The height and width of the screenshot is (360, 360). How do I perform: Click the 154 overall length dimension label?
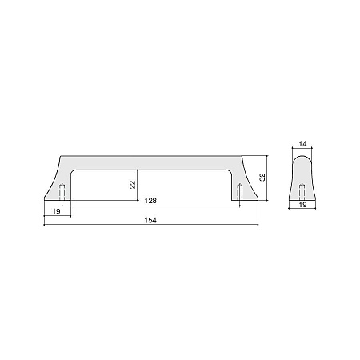coord(150,220)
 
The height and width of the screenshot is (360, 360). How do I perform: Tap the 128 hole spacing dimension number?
coord(150,201)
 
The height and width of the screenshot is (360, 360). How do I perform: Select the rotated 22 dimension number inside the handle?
coord(133,185)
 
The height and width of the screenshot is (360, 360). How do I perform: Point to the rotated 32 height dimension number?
coord(262,178)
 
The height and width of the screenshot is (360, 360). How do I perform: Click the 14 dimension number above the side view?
coord(302,144)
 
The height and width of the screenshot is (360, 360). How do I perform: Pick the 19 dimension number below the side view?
coord(302,205)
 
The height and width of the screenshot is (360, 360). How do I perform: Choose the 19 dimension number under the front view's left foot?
coord(56,212)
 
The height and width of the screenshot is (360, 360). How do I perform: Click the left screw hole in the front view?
coord(62,192)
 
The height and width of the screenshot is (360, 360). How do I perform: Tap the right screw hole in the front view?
coord(240,192)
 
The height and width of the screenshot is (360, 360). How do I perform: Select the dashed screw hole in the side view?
coord(302,192)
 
